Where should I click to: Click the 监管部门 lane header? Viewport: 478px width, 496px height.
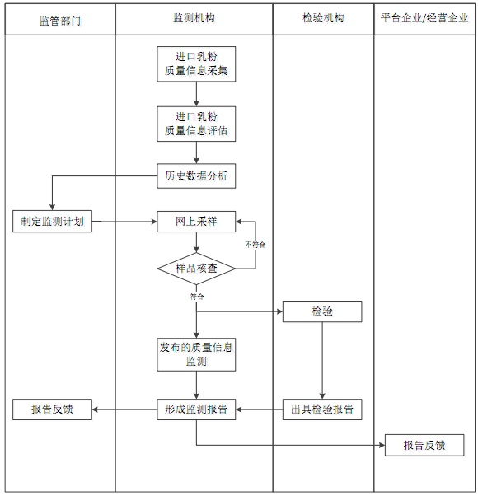(x=60, y=19)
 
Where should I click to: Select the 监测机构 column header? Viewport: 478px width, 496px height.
(x=194, y=19)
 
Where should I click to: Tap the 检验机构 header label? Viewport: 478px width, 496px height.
(x=323, y=19)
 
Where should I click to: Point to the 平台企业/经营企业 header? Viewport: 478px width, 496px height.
(x=424, y=19)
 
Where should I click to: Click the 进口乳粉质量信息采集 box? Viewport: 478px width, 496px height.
(x=196, y=64)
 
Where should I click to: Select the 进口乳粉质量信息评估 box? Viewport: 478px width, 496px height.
(x=196, y=124)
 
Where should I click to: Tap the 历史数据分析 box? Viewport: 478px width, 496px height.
(x=196, y=175)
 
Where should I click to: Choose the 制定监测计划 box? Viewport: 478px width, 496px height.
(x=52, y=222)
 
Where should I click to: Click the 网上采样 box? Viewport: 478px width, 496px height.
(x=196, y=222)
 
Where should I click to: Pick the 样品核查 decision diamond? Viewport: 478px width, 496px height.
(x=196, y=269)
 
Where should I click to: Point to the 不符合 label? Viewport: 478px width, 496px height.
(x=255, y=245)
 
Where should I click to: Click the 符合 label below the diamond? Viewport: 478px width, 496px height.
(x=197, y=295)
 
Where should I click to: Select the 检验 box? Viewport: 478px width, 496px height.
(x=322, y=311)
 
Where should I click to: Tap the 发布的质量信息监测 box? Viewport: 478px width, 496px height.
(x=196, y=354)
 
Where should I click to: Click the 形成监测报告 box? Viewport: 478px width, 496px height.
(x=196, y=409)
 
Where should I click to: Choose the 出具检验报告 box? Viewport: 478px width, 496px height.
(x=322, y=409)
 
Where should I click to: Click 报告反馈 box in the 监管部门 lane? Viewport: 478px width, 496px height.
(x=52, y=409)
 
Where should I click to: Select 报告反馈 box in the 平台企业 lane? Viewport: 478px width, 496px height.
(x=424, y=446)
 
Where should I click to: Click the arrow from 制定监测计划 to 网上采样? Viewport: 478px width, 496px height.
(x=124, y=222)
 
